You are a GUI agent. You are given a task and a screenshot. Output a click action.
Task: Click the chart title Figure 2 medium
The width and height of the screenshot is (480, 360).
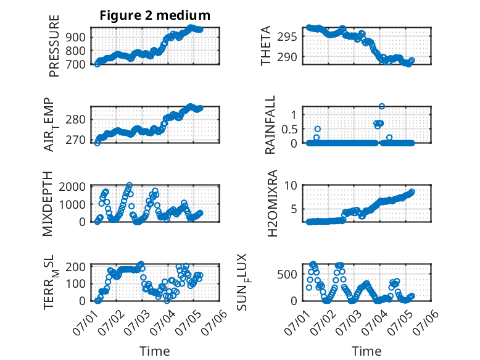point(155,15)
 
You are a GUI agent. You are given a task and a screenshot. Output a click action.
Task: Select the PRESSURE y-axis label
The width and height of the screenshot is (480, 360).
point(54,46)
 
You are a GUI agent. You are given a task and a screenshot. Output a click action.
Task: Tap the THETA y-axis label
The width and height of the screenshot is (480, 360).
point(266,46)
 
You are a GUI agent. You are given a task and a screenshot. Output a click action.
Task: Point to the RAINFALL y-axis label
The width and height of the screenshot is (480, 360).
point(270,125)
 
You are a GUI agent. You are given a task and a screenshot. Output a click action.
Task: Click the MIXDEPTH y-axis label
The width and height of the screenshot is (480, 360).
point(48,204)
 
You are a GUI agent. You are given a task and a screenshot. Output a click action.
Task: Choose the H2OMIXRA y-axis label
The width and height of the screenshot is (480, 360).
point(272,203)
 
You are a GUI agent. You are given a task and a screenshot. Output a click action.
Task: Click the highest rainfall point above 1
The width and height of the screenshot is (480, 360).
point(381,106)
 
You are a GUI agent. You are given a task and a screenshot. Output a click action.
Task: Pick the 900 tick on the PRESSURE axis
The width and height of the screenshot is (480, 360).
point(75,38)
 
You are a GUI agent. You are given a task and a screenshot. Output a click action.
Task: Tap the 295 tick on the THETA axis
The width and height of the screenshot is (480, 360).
point(287,37)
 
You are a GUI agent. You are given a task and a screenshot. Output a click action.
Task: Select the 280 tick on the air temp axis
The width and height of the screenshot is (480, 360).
point(75,120)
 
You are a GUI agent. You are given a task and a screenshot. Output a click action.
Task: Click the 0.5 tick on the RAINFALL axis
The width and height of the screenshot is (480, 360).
point(289,129)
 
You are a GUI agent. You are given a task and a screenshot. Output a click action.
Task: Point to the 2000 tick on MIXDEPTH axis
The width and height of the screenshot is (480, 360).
point(72,186)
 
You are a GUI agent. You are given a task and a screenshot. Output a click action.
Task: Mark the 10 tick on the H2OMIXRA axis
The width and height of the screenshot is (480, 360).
point(291,185)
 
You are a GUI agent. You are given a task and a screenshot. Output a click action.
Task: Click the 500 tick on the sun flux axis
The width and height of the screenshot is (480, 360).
point(287,274)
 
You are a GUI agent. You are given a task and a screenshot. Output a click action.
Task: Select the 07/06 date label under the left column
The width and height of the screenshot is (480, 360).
point(214,322)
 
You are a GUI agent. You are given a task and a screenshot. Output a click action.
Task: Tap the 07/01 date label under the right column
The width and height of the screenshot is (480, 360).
point(297,322)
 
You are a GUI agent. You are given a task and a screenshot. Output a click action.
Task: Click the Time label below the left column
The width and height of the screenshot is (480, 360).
point(155,351)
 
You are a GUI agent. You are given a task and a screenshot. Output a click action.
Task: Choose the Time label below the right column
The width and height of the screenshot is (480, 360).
point(366,351)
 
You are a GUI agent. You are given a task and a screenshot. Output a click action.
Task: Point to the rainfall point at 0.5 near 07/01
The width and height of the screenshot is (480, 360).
point(318,129)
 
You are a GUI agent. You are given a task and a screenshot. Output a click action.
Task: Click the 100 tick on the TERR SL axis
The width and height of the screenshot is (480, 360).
point(75,283)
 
